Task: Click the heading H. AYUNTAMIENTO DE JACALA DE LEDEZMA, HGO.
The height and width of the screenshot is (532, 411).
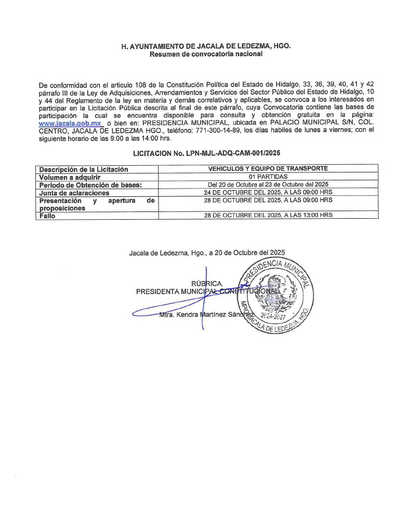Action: (206, 46)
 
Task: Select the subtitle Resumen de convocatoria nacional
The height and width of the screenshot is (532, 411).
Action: (206, 54)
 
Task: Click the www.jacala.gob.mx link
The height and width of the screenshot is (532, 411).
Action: (70, 124)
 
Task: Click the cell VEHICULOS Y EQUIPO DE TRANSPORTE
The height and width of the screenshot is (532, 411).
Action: (268, 169)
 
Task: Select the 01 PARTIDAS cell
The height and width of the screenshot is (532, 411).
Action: (268, 177)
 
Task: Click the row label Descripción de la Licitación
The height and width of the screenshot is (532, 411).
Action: (83, 169)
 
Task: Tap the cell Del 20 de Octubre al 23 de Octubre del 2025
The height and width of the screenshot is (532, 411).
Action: (268, 184)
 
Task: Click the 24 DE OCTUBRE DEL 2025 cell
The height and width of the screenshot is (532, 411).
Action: (268, 192)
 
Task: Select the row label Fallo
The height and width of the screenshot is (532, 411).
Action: (47, 216)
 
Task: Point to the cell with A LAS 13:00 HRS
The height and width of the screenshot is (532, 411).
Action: (268, 215)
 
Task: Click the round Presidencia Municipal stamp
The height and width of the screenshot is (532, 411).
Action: (274, 294)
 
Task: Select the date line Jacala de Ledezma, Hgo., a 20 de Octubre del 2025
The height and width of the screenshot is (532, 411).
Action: (207, 253)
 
